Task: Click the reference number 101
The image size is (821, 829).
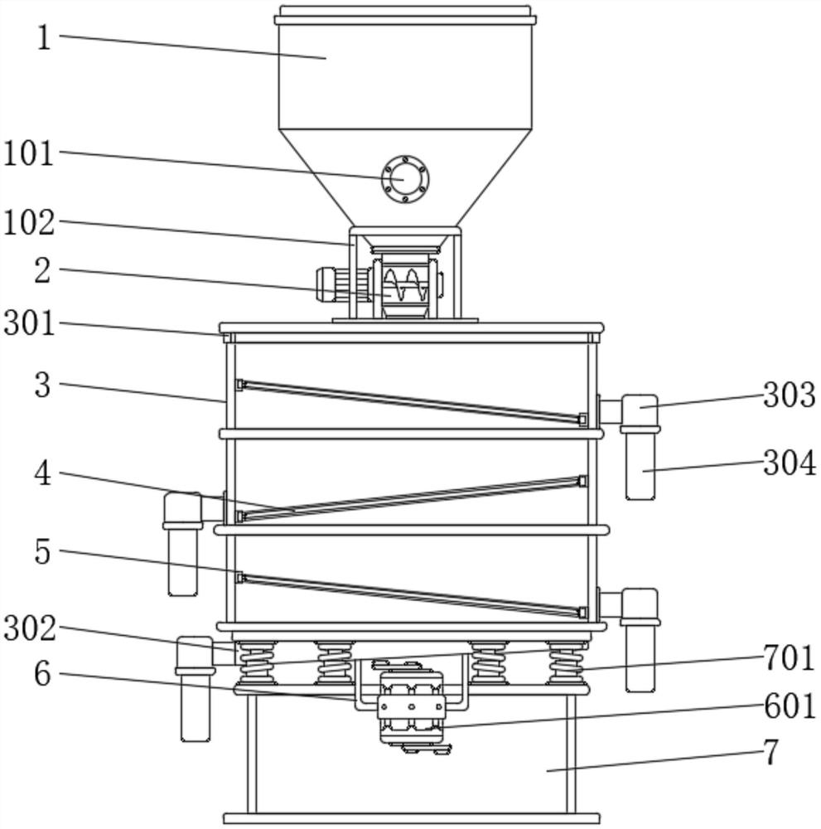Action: coord(29,154)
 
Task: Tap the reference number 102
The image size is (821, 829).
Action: coord(29,222)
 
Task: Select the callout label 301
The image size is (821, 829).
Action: coord(30,323)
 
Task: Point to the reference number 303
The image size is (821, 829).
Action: coord(790,395)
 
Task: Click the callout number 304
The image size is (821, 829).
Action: coord(790,463)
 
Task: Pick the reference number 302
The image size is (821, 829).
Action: coord(30,628)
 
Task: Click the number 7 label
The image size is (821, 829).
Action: coord(770,752)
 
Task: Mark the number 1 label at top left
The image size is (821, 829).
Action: coord(45,37)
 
